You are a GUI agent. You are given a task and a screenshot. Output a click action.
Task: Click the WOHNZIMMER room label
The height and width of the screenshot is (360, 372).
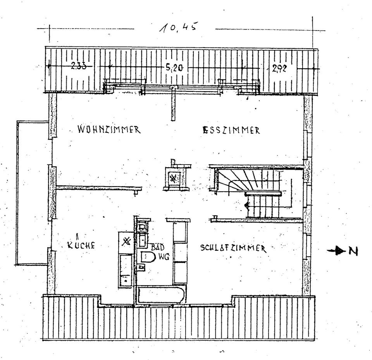point(108,129)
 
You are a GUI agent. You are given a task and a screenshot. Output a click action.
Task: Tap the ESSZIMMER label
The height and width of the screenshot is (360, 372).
point(231,130)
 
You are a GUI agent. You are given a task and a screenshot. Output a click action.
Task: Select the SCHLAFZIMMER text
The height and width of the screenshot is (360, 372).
point(233,248)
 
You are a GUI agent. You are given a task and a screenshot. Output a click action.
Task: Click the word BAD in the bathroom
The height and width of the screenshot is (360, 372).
point(158,247)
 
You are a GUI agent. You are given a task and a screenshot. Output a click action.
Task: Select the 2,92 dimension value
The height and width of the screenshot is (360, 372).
point(279,69)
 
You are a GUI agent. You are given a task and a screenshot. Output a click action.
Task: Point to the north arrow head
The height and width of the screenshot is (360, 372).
point(340,252)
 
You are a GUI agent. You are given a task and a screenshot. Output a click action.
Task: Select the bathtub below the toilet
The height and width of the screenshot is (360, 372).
point(159,295)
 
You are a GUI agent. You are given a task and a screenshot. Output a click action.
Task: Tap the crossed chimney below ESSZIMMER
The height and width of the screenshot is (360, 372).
point(174,178)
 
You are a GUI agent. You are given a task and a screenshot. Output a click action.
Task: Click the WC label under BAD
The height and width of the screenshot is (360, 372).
point(162,256)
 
